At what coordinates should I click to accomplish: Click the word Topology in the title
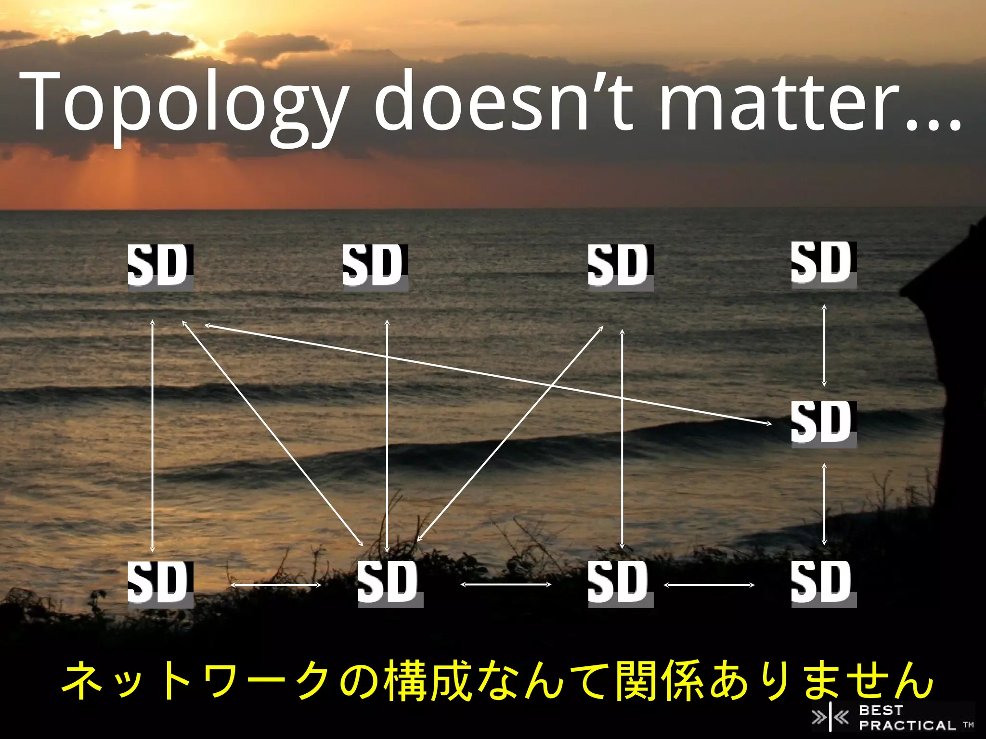coord(183,103)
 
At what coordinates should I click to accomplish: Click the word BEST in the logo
coord(881,710)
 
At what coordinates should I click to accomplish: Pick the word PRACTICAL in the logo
coord(907,725)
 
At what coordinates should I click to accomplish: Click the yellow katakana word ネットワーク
coord(197,681)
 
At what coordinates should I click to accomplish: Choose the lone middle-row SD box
coord(824,424)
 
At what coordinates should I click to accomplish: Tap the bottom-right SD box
coord(824,584)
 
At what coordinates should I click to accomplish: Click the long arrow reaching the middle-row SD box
coord(486,374)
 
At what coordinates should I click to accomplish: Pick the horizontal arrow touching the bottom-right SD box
coord(709,585)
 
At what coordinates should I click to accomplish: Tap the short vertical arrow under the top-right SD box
coord(824,345)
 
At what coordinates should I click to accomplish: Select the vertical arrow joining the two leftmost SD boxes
coord(153,435)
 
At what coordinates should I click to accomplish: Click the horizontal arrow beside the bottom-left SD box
coord(276,585)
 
